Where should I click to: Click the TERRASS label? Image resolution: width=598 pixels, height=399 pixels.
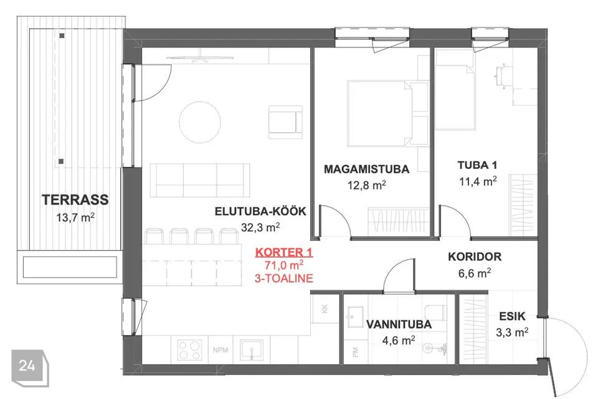(x=75, y=199)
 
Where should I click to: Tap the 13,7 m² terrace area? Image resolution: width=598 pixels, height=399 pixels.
(x=75, y=217)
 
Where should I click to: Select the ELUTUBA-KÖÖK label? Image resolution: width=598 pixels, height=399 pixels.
(x=260, y=211)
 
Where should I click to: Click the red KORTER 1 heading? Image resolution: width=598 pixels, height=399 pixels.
(x=284, y=252)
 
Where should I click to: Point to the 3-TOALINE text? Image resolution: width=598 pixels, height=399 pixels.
(x=284, y=278)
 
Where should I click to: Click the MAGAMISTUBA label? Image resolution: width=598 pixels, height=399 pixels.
(x=366, y=169)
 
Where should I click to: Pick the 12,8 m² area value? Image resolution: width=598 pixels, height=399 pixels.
(x=366, y=185)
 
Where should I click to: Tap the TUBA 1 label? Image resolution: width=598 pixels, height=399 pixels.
(x=478, y=165)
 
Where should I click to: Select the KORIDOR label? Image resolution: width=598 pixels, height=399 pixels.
(x=475, y=257)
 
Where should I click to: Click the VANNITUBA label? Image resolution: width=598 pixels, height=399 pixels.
(x=399, y=325)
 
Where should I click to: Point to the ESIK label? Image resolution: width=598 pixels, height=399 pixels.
(x=512, y=316)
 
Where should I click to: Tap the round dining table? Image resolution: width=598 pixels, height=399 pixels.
(x=200, y=122)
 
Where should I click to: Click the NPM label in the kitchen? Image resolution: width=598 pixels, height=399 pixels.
(x=221, y=350)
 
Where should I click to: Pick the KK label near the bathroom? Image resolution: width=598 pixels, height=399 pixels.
(x=325, y=309)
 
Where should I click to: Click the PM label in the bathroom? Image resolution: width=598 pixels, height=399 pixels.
(x=356, y=352)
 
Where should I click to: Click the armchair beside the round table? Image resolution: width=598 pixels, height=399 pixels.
(x=286, y=122)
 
